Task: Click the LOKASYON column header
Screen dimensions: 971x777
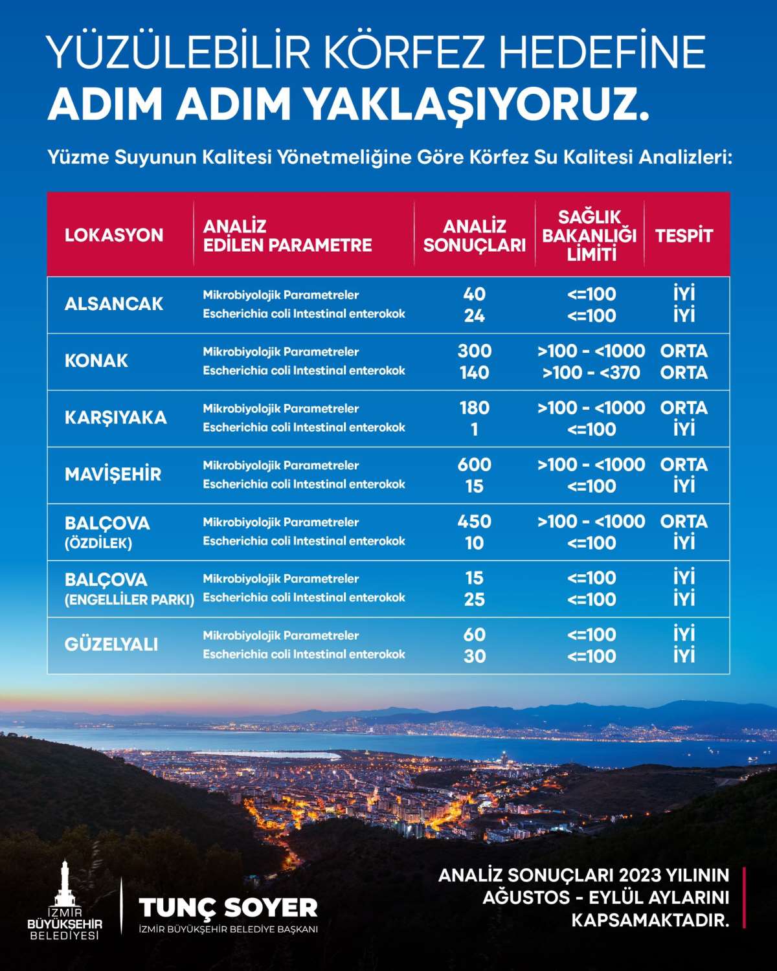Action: [x=114, y=235]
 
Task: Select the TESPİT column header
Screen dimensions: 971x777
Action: [x=684, y=236]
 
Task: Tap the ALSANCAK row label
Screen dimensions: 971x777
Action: [x=114, y=304]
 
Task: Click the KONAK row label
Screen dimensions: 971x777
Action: [x=96, y=361]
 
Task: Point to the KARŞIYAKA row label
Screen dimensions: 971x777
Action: [x=116, y=418]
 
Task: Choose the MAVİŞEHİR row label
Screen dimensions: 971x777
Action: [x=113, y=474]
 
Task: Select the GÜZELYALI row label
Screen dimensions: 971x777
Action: [x=111, y=645]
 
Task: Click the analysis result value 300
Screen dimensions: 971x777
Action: [x=475, y=351]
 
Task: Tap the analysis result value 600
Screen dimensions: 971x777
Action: [x=475, y=465]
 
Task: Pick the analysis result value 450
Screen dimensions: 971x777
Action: [x=475, y=521]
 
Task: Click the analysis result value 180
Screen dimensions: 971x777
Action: [x=475, y=408]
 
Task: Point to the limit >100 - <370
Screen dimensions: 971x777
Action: [x=591, y=373]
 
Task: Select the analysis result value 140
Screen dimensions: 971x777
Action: [x=475, y=373]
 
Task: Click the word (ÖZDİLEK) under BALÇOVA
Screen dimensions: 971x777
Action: [x=98, y=544]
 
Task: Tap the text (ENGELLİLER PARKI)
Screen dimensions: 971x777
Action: [x=129, y=600]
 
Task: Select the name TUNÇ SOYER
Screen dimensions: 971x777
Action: [x=228, y=908]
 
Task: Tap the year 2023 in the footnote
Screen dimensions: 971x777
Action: [x=640, y=875]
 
